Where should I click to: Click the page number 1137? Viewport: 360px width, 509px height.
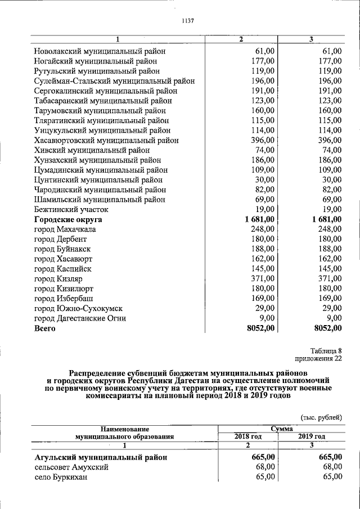188,21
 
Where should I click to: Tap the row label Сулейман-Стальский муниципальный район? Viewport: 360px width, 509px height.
114,81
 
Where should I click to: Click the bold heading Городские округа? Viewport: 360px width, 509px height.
68,219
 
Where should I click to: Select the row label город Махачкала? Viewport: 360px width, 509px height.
65,229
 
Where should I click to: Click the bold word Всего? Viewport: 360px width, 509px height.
44,328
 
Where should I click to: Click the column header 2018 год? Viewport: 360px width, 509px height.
249,436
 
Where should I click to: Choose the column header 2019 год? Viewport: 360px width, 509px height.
312,436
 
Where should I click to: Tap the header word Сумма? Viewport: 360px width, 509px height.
281,429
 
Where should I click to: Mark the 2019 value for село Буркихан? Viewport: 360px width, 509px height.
330,477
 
